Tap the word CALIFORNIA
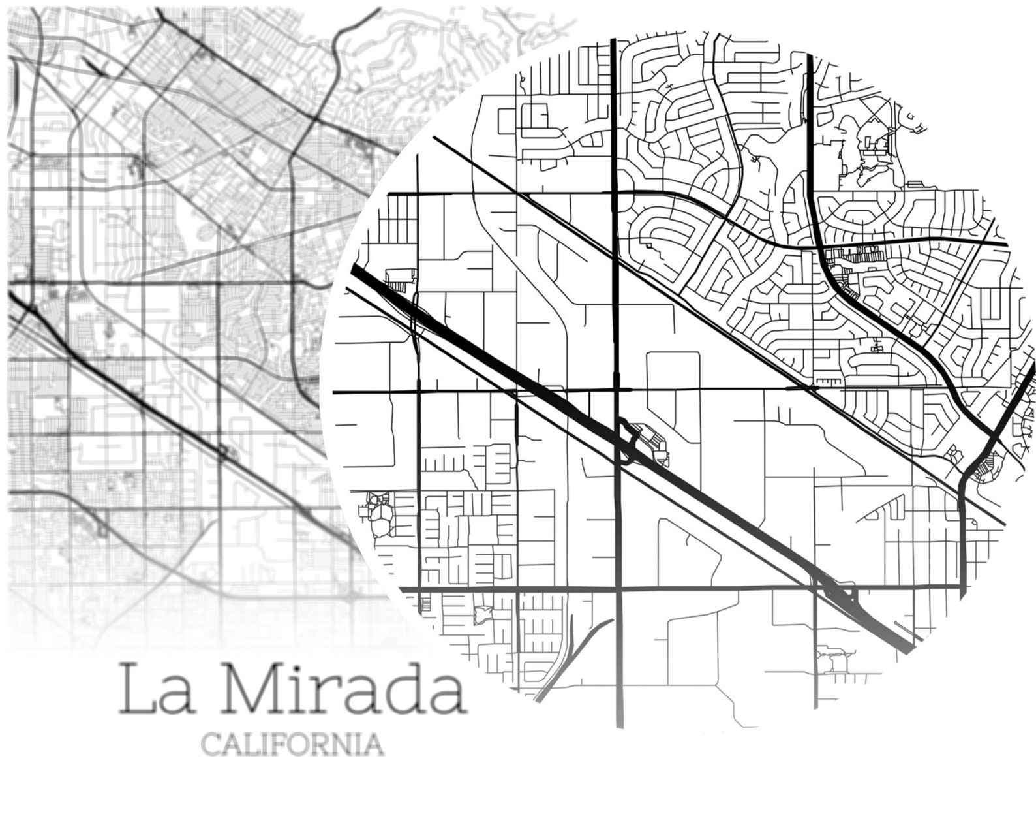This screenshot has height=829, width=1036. tap(292, 744)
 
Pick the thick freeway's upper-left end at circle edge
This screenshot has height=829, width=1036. tap(356, 270)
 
